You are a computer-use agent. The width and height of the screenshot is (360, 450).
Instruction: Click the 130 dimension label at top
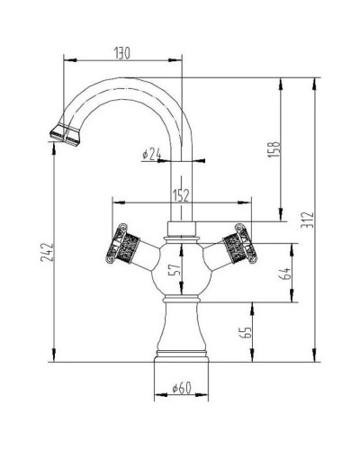pos(123,53)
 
